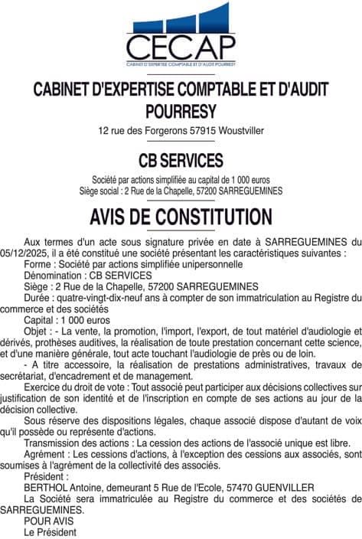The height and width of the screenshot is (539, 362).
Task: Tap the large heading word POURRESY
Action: point(181,110)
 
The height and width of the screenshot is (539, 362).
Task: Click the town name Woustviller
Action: point(241,131)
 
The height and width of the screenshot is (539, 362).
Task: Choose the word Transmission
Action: point(55,443)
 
